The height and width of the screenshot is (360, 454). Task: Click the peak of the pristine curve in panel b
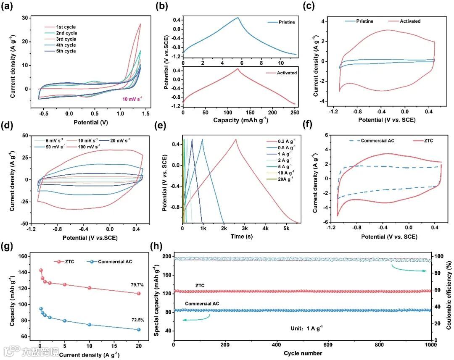pyautogui.click(x=238, y=18)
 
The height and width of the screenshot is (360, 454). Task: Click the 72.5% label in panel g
pyautogui.click(x=137, y=320)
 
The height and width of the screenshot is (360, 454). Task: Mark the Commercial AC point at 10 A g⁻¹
pyautogui.click(x=89, y=325)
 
